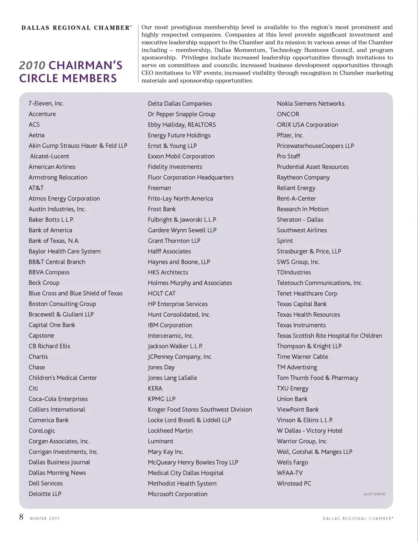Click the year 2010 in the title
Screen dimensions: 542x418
click(32, 65)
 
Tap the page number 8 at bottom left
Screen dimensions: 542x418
click(21, 517)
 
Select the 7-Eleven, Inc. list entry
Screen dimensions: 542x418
click(46, 104)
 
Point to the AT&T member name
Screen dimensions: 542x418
click(36, 188)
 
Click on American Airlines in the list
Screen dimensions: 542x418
click(52, 167)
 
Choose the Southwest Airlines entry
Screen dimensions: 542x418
click(302, 230)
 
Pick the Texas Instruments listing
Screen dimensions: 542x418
click(301, 325)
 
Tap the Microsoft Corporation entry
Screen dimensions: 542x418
click(178, 494)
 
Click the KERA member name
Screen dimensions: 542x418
click(155, 388)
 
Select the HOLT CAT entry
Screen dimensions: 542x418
click(162, 294)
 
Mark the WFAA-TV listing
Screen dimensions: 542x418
click(290, 473)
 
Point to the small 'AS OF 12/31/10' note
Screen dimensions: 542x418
click(374, 494)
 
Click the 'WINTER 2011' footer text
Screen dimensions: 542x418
click(45, 519)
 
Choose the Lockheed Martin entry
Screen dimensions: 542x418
click(170, 431)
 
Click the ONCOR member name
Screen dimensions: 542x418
click(288, 114)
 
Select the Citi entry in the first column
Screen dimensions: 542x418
click(34, 388)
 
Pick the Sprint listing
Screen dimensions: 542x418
click(285, 241)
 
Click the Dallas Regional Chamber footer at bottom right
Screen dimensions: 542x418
click(357, 519)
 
